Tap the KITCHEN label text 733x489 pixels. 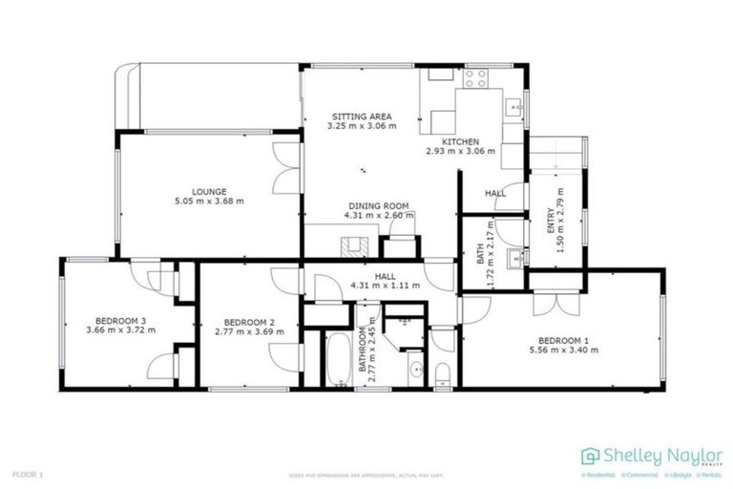(x=460, y=141)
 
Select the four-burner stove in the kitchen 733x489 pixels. (x=476, y=75)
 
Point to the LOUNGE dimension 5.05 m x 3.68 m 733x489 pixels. (x=208, y=202)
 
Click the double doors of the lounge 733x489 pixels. (x=283, y=167)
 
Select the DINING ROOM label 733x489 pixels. (x=378, y=205)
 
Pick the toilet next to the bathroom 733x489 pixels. (x=442, y=373)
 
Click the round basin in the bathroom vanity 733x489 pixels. (x=415, y=370)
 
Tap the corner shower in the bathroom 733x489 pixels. (x=402, y=320)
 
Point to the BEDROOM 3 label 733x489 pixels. (x=120, y=321)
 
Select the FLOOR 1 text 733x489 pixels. (x=28, y=474)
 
